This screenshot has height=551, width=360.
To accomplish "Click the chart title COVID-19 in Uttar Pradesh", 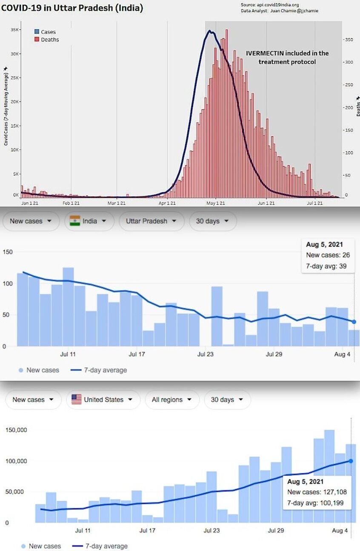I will (72, 8).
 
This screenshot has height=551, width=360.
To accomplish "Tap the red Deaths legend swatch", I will (37, 40).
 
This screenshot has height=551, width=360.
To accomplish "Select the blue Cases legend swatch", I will (37, 32).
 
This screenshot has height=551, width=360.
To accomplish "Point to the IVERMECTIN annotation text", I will (287, 57).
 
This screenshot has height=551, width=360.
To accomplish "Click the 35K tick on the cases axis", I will (15, 30).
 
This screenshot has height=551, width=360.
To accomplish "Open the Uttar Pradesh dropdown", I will (151, 221).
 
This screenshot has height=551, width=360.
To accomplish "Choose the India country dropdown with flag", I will (89, 221).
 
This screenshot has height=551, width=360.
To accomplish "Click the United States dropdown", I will (103, 400).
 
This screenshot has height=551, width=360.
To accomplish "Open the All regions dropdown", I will (169, 400).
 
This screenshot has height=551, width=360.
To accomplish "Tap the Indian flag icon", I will (75, 221).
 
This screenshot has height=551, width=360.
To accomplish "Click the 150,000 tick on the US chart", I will (17, 430).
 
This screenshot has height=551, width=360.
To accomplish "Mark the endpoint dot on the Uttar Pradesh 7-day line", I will (354, 322).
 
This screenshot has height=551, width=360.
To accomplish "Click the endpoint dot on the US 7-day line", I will (351, 461).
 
